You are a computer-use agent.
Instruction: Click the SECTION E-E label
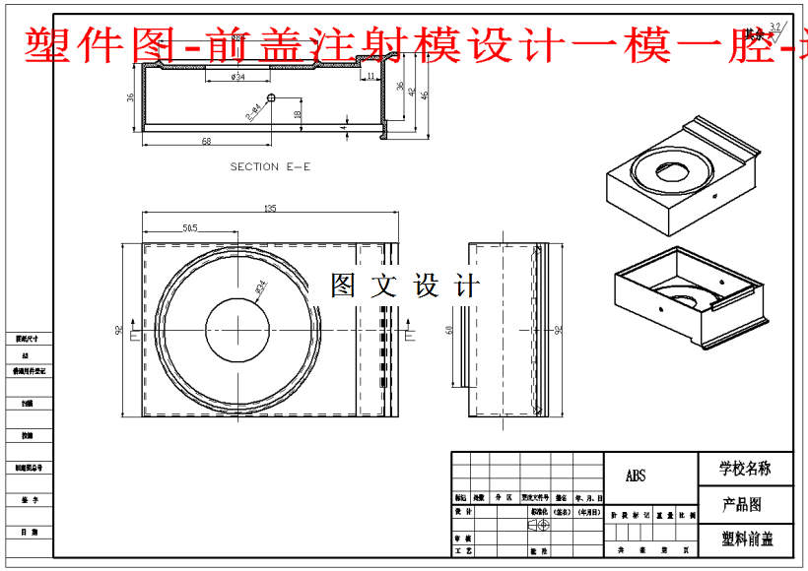(x=270, y=167)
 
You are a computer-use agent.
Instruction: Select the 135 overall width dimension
(x=270, y=208)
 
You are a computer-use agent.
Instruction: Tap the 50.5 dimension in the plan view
(x=190, y=228)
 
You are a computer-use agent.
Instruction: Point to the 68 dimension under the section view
(x=206, y=142)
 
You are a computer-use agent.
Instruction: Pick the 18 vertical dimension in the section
(x=298, y=114)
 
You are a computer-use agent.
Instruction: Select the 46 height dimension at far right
(x=425, y=95)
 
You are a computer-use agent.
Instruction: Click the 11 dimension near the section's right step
(x=370, y=76)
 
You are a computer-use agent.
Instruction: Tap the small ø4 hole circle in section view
(x=272, y=96)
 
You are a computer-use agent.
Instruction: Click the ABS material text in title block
(x=636, y=476)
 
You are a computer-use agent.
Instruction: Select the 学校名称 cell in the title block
(x=745, y=469)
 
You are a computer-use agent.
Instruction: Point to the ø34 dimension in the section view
(x=238, y=77)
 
